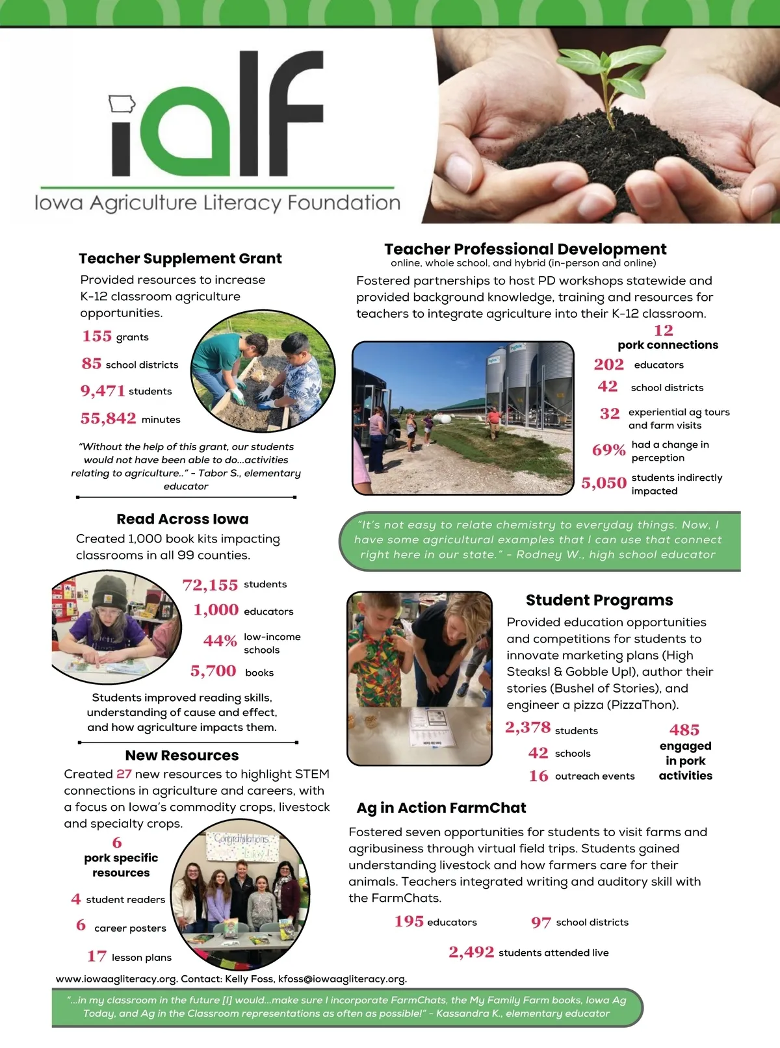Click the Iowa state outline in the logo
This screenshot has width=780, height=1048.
pyautogui.click(x=122, y=103)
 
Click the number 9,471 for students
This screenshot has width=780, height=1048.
pyautogui.click(x=102, y=390)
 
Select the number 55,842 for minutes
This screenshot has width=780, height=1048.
pyautogui.click(x=108, y=418)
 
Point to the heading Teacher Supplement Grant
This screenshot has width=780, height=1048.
pyautogui.click(x=180, y=259)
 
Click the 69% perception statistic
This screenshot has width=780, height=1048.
pyautogui.click(x=608, y=450)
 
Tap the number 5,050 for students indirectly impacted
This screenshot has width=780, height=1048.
pyautogui.click(x=604, y=483)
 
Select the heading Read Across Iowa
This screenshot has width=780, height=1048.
pyautogui.click(x=182, y=519)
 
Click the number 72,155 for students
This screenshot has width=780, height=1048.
pyautogui.click(x=210, y=585)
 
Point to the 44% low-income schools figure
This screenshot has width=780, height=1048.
pyautogui.click(x=220, y=641)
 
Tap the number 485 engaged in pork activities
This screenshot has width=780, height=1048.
pyautogui.click(x=684, y=730)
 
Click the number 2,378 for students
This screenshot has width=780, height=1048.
pyautogui.click(x=527, y=728)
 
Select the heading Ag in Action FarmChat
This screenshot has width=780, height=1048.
pyautogui.click(x=441, y=808)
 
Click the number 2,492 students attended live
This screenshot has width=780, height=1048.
pyautogui.click(x=471, y=952)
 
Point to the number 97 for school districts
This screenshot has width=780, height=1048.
pyautogui.click(x=541, y=923)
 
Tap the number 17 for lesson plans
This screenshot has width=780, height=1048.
pyautogui.click(x=97, y=956)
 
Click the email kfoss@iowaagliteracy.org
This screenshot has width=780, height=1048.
pyautogui.click(x=341, y=978)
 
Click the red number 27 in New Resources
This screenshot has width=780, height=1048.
pyautogui.click(x=123, y=774)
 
